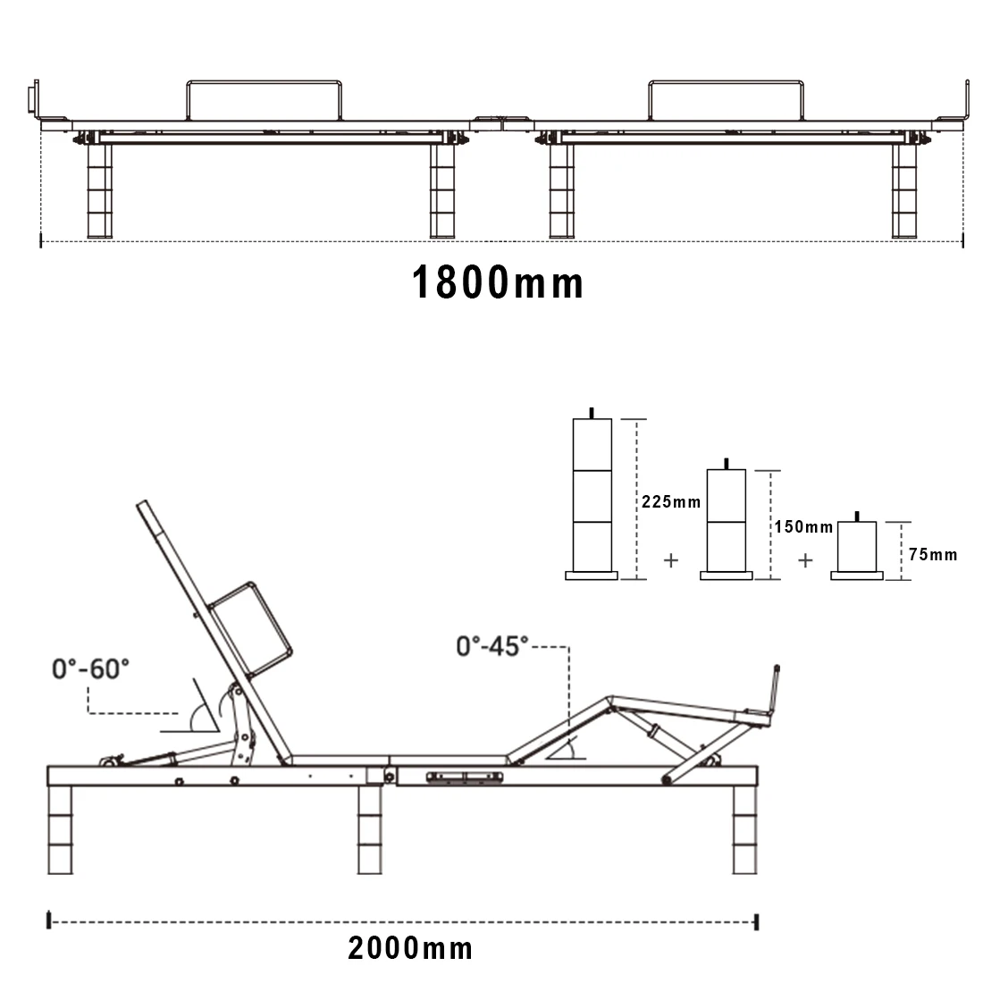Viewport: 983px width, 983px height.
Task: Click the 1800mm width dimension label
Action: (x=497, y=282)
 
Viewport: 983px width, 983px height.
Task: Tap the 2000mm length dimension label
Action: (x=411, y=948)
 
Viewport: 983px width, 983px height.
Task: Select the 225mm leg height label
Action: (x=671, y=502)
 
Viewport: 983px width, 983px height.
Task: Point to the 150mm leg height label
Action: (x=803, y=526)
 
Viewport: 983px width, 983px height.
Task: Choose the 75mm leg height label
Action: (x=933, y=554)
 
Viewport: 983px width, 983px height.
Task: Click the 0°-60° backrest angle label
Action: (x=90, y=669)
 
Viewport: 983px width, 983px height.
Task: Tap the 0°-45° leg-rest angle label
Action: (x=492, y=646)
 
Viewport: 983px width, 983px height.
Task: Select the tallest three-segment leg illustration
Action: (x=592, y=494)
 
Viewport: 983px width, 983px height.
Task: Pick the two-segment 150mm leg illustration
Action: (x=726, y=520)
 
